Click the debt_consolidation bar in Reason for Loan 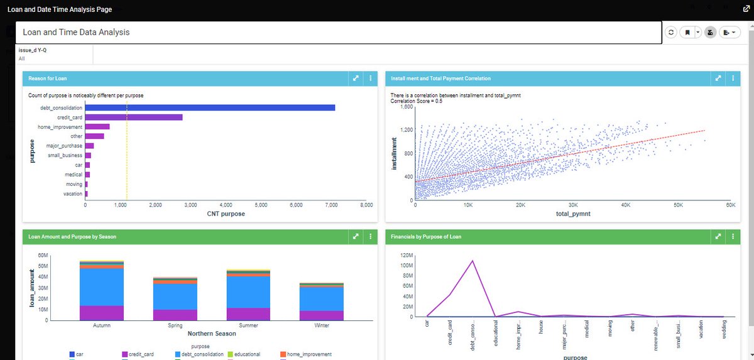coord(210,107)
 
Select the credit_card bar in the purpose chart coord(134,117)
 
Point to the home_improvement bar coord(97,126)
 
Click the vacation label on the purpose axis coord(73,194)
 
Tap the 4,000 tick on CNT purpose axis coord(226,205)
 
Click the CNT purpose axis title coord(226,214)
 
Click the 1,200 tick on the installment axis coord(404,130)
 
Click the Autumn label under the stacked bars coord(102,325)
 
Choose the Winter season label coord(322,325)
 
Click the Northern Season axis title coord(212,334)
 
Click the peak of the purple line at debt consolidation coord(473,260)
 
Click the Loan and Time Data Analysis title coord(76,32)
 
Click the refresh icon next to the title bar coord(671,32)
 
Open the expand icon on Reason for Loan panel coord(356,79)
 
